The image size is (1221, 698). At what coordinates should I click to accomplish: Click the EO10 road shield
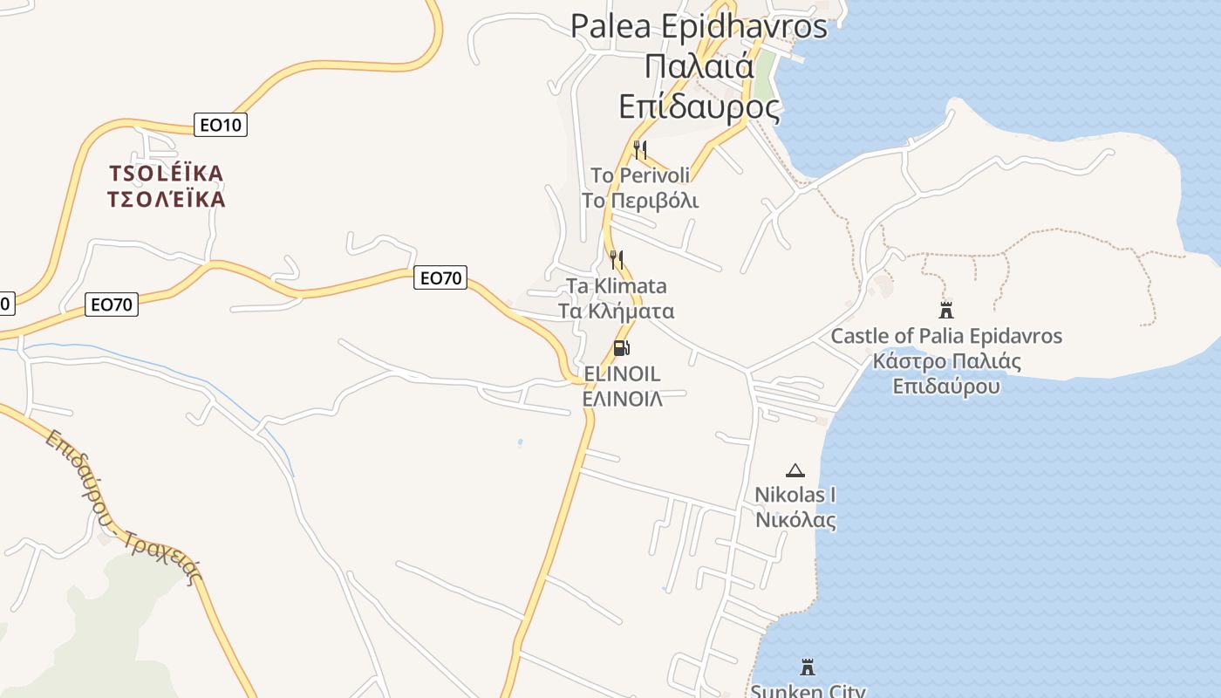pyautogui.click(x=220, y=125)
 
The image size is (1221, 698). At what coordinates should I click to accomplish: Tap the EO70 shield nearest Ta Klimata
pyautogui.click(x=440, y=278)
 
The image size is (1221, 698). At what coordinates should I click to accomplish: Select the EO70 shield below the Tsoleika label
pyautogui.click(x=112, y=305)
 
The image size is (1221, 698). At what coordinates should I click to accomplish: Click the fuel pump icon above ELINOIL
pyautogui.click(x=622, y=348)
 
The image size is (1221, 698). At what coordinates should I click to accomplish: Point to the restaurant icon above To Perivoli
pyautogui.click(x=640, y=149)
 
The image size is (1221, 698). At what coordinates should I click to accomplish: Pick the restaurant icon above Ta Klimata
pyautogui.click(x=617, y=259)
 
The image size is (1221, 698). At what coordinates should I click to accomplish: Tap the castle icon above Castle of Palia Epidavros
pyautogui.click(x=945, y=310)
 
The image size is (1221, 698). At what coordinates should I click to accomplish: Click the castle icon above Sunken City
pyautogui.click(x=808, y=667)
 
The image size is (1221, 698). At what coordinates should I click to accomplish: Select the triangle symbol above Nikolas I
pyautogui.click(x=795, y=471)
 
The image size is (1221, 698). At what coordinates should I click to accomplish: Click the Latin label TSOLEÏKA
pyautogui.click(x=167, y=173)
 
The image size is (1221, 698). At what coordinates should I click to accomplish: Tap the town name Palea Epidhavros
pyautogui.click(x=699, y=26)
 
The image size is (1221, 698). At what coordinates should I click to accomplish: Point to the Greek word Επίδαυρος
pyautogui.click(x=699, y=106)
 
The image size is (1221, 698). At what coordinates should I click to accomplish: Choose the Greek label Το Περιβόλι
pyautogui.click(x=640, y=201)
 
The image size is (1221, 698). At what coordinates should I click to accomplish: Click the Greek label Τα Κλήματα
pyautogui.click(x=617, y=311)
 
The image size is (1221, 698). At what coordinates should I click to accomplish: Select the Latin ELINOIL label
pyautogui.click(x=622, y=373)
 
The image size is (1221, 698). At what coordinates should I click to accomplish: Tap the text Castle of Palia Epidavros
pyautogui.click(x=946, y=336)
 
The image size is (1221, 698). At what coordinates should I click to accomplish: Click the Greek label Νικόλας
pyautogui.click(x=795, y=521)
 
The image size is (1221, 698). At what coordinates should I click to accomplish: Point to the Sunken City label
pyautogui.click(x=808, y=691)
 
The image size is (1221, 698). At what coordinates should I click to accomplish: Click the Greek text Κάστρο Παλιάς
pyautogui.click(x=946, y=360)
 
